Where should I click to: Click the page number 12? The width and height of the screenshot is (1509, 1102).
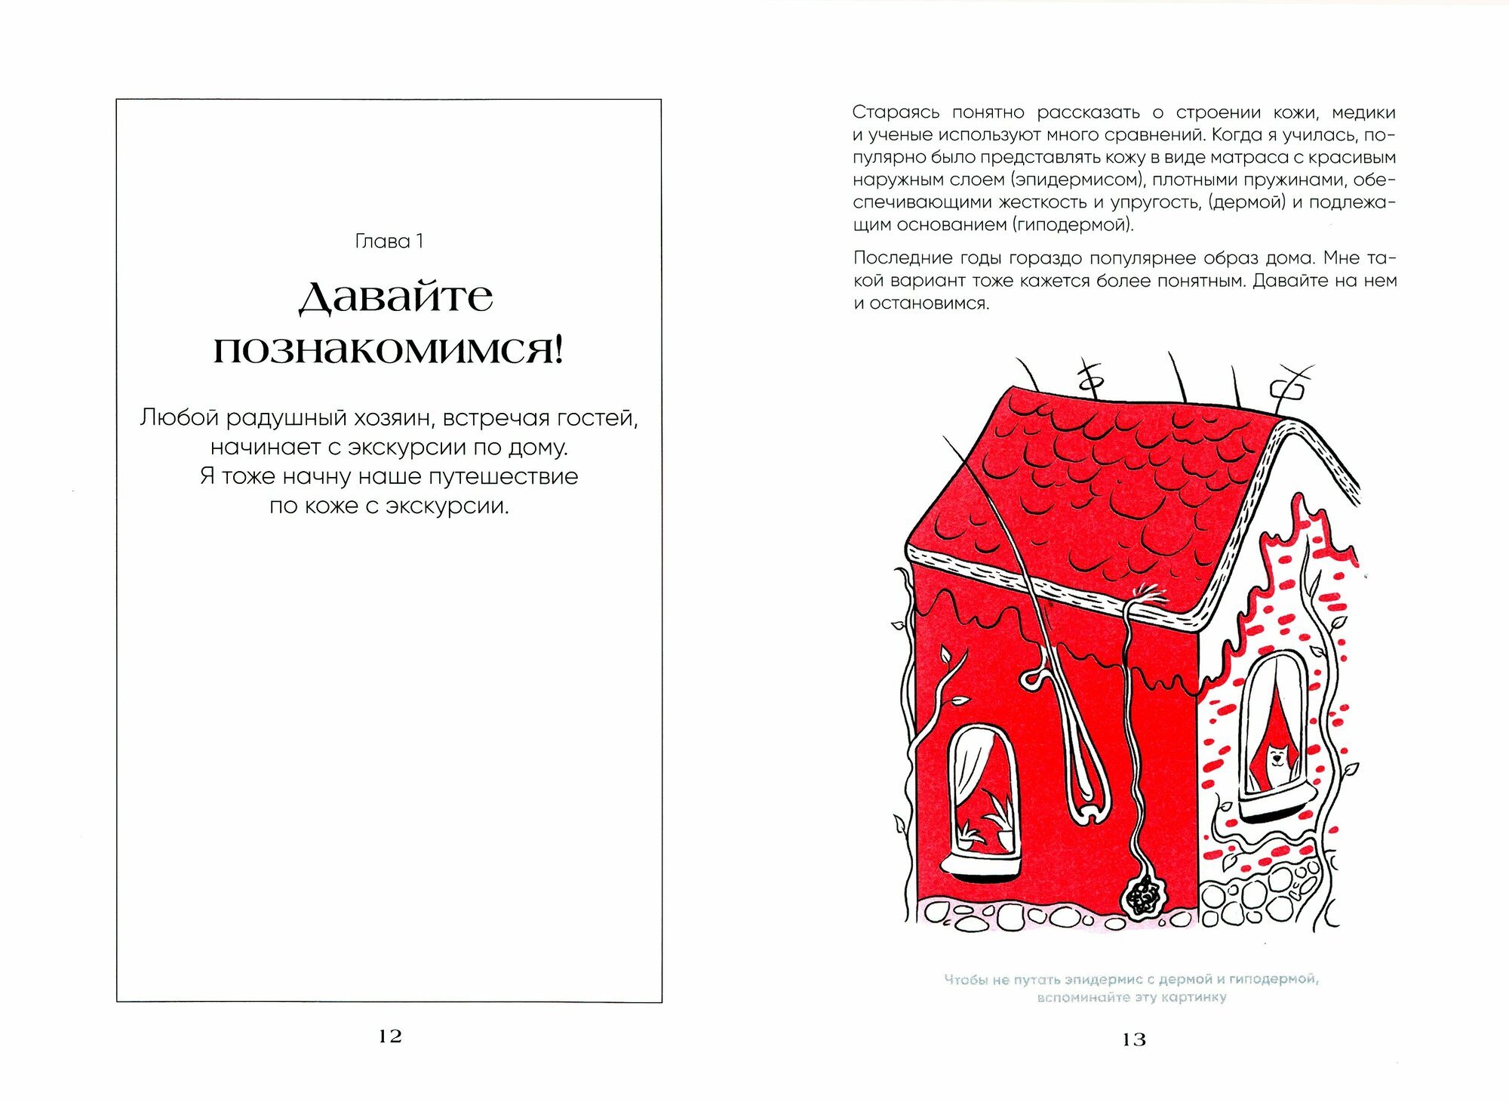point(390,1036)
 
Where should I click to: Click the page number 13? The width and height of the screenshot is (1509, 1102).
point(1133,1039)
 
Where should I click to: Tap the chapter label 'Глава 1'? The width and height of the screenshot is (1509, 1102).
point(389,241)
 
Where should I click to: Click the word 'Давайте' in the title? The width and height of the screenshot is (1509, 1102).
point(396,297)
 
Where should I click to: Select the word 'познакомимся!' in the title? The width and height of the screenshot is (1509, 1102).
point(389,350)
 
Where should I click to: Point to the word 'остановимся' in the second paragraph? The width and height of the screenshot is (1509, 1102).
point(928,303)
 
